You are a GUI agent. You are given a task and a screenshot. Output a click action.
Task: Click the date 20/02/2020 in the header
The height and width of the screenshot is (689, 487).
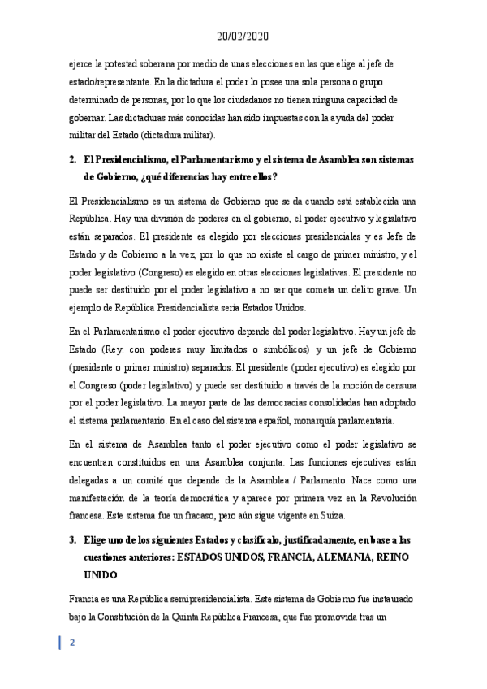pos(243,37)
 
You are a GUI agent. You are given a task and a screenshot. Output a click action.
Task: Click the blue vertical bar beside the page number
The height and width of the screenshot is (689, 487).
pos(60,643)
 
